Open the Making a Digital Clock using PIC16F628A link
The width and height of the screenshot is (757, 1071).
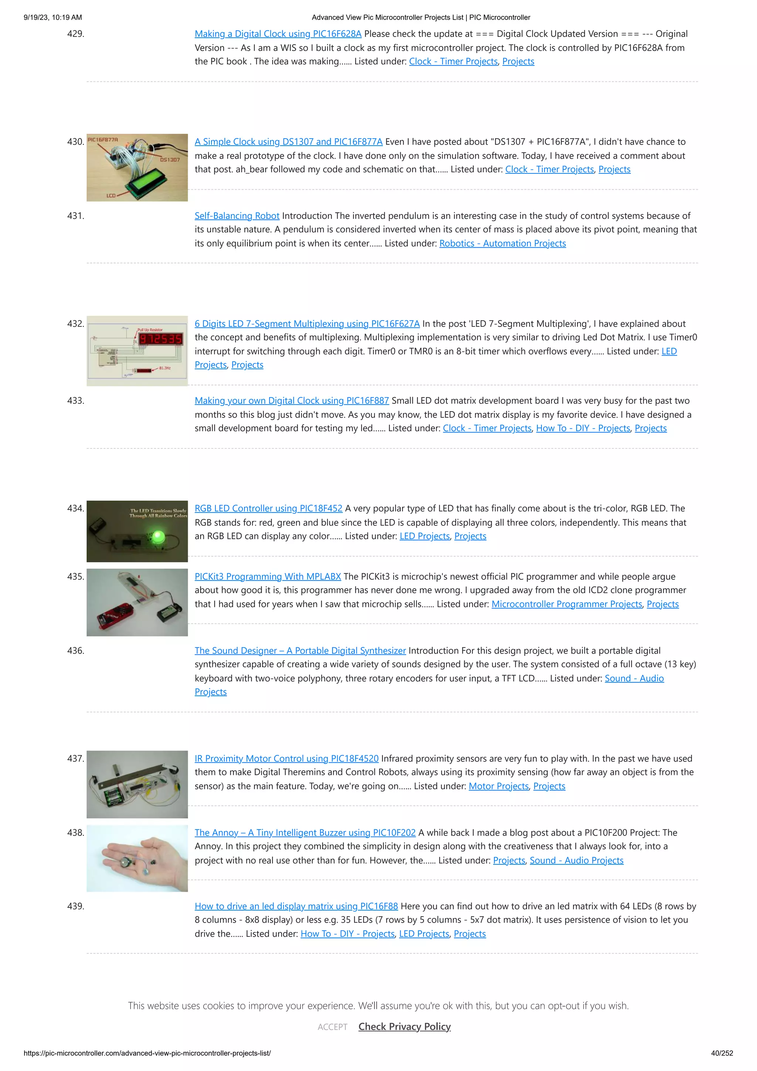(x=278, y=34)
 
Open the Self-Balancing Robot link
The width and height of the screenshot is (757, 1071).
(x=237, y=216)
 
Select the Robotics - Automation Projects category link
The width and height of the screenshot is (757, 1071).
(x=502, y=244)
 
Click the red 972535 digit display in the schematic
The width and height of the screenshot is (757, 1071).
(x=160, y=339)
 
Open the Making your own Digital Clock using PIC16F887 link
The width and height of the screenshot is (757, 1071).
(x=292, y=401)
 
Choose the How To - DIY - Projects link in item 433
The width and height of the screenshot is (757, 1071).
(x=583, y=428)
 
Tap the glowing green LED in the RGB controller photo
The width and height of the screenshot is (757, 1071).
(x=159, y=536)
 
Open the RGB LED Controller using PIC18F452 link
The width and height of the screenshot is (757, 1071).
(x=268, y=508)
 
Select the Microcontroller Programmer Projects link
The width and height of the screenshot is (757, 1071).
(x=567, y=604)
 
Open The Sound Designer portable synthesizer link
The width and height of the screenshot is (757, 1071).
(x=300, y=651)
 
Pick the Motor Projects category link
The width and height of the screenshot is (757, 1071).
(x=498, y=786)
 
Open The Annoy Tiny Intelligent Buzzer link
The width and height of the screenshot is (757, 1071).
(x=305, y=833)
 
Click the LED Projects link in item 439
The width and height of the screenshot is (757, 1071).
(x=424, y=934)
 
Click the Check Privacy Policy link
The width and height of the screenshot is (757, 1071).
(x=404, y=1027)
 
